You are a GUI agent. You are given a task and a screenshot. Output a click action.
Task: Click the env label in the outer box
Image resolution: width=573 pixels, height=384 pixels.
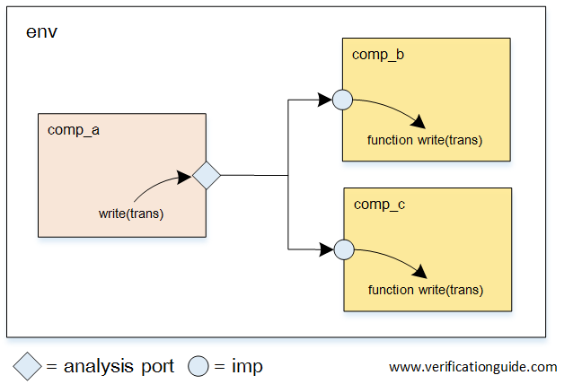[x=43, y=33]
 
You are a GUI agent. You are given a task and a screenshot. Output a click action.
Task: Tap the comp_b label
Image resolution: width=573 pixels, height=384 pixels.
[x=378, y=55]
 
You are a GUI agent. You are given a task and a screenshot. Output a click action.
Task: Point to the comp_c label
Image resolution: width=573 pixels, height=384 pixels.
[x=379, y=205]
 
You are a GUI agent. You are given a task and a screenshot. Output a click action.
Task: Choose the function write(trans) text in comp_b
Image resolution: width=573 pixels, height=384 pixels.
[x=425, y=140]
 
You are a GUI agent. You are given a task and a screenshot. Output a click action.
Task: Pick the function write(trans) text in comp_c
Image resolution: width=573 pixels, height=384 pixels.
[x=426, y=290]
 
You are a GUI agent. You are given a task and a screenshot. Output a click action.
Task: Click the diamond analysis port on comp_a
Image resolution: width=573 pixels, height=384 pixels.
[x=207, y=175]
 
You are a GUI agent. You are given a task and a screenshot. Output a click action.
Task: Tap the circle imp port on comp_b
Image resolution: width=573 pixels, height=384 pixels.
[x=342, y=100]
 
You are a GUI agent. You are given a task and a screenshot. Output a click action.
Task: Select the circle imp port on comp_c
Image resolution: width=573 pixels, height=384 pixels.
[x=342, y=249]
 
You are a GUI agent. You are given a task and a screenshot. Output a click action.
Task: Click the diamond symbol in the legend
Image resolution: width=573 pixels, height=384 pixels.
[x=28, y=366]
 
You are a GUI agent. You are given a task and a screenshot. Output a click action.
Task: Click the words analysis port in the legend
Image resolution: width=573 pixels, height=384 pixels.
[x=120, y=366]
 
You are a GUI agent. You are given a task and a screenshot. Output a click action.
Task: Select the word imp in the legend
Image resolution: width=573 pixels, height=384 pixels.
[x=247, y=366]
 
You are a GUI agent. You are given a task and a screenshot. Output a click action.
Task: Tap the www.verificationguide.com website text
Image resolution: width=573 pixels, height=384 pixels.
[x=472, y=367]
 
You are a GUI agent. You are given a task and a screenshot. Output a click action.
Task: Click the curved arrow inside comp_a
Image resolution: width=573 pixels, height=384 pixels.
[x=162, y=187]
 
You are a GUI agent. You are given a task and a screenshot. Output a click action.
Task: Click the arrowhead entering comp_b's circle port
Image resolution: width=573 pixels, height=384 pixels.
[x=326, y=100]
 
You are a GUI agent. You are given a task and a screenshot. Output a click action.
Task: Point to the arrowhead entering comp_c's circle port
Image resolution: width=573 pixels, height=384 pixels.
[x=326, y=249]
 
